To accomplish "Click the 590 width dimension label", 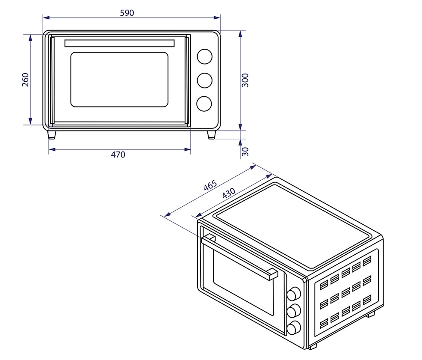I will [127, 13].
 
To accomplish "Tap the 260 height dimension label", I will [25, 80].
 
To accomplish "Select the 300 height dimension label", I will [245, 80].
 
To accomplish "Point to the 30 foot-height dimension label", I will [245, 151].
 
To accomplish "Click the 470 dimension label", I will [118, 155].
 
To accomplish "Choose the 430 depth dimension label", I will [228, 193].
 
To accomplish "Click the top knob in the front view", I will [204, 56].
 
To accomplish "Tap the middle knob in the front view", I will [204, 80].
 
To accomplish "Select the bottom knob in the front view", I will [204, 103].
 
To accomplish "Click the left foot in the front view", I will [52, 134].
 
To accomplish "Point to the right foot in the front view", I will [211, 134].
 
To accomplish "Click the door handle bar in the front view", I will [119, 43].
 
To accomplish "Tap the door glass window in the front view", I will [119, 80].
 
